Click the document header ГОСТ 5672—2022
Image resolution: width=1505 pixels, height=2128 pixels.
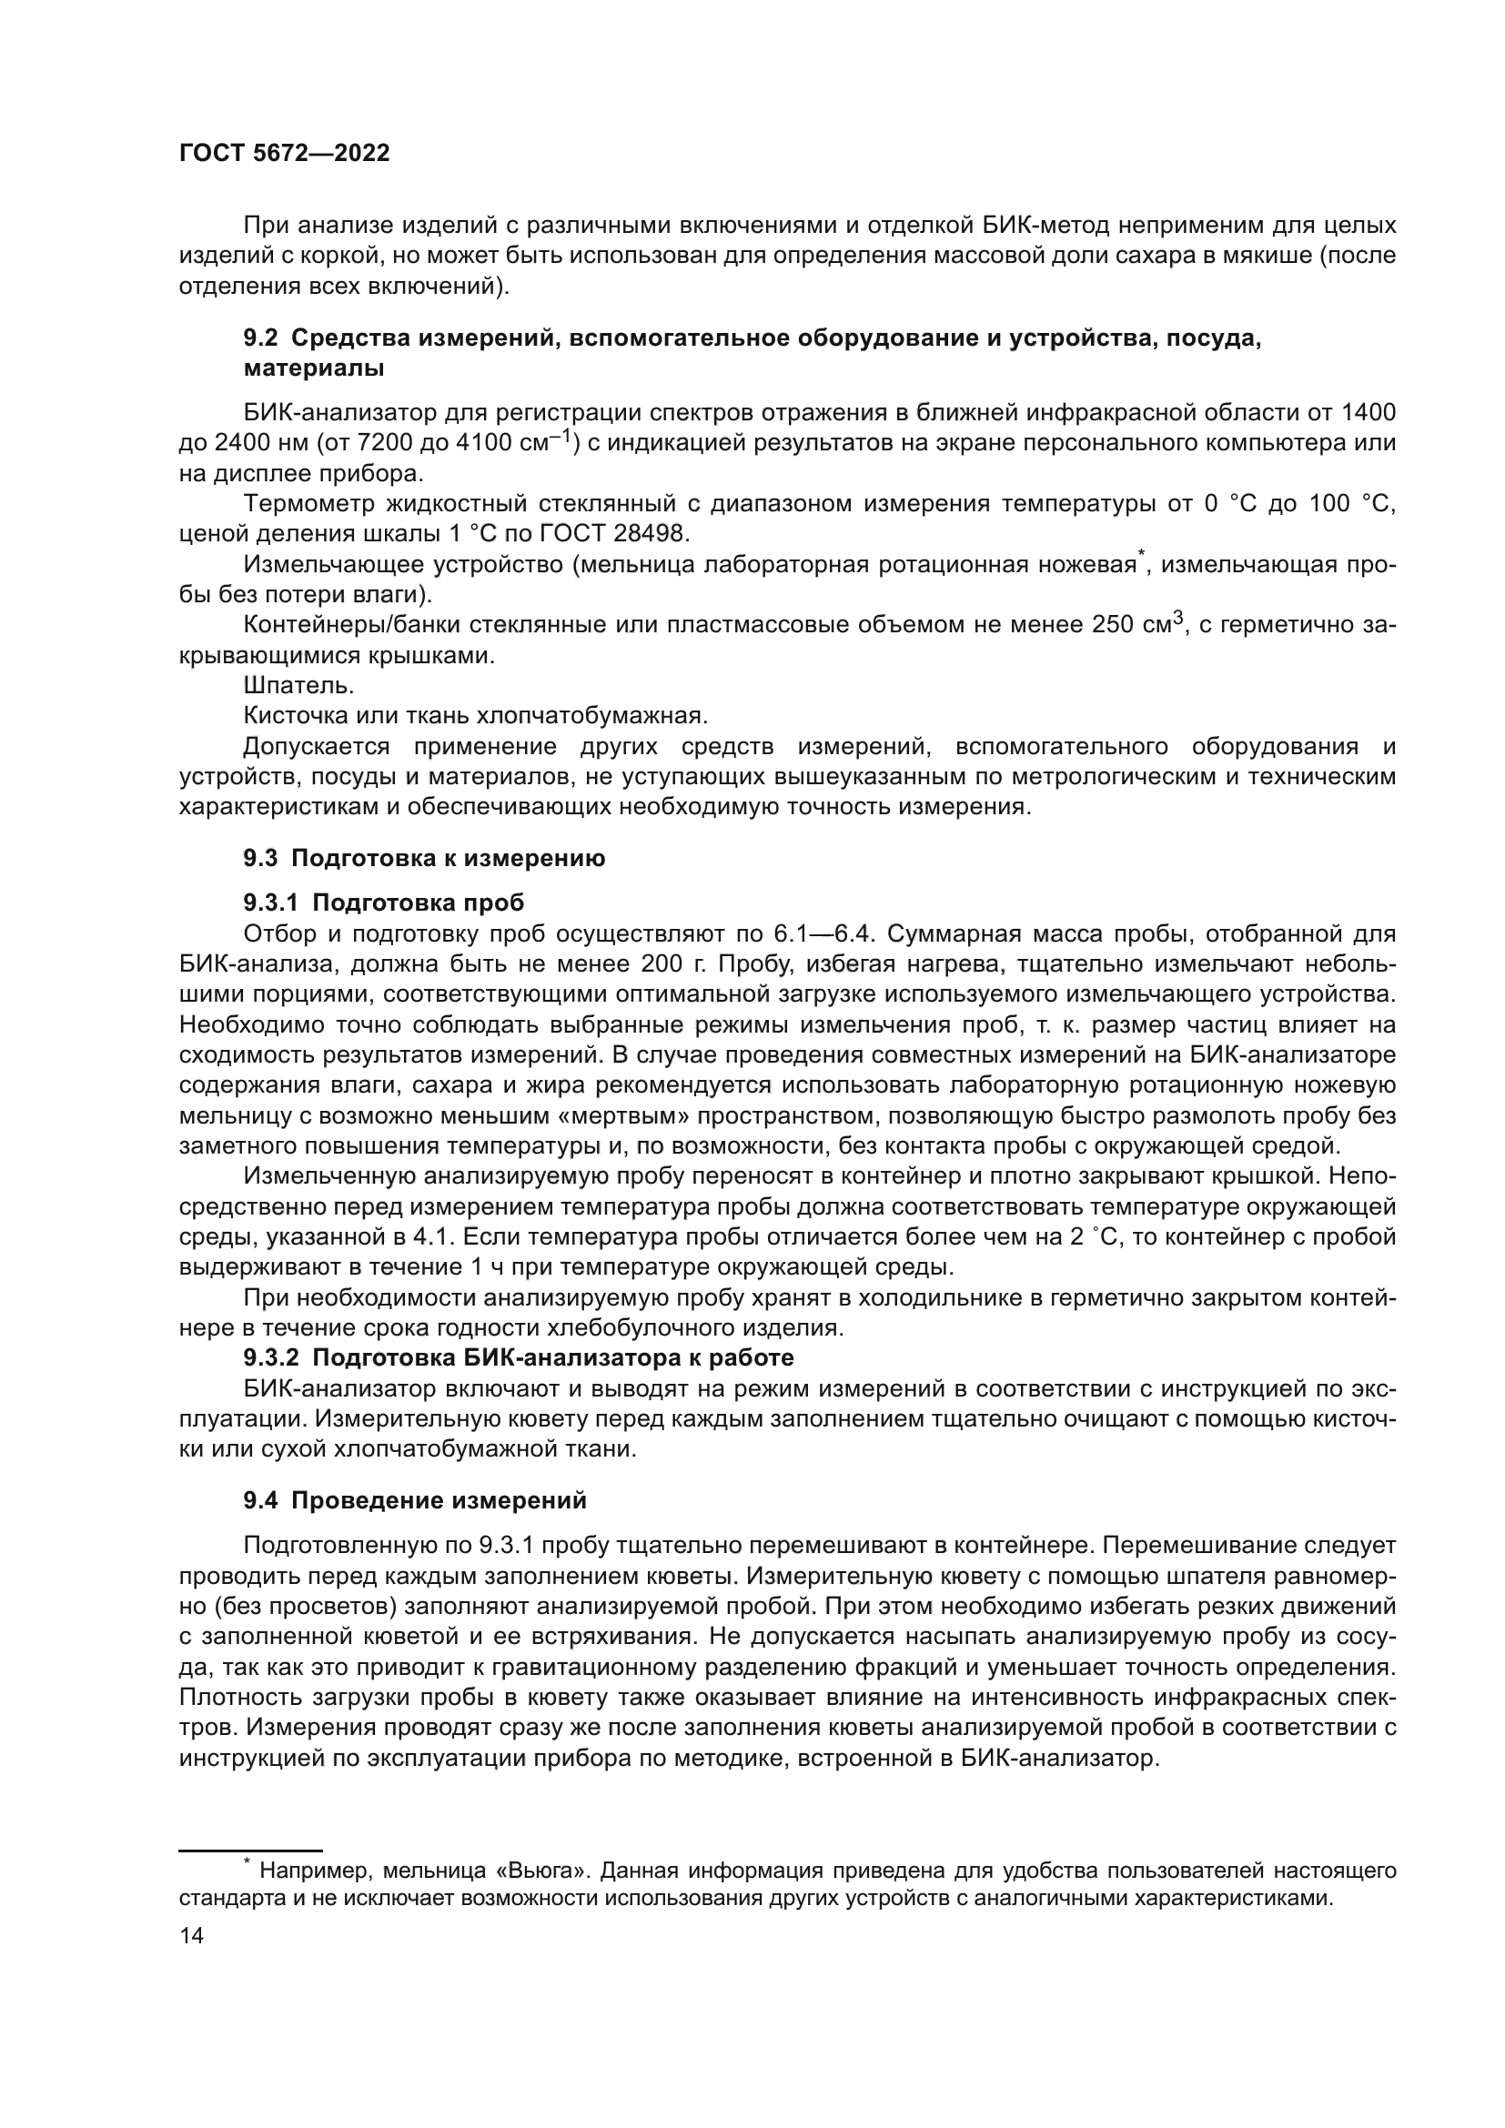coord(285,154)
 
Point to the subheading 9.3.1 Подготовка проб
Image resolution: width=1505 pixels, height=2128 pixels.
coord(384,902)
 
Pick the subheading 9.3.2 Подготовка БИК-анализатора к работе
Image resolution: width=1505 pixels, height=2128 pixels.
coord(519,1357)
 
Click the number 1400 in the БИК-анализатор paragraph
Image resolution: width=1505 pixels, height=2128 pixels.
coord(1368,411)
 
